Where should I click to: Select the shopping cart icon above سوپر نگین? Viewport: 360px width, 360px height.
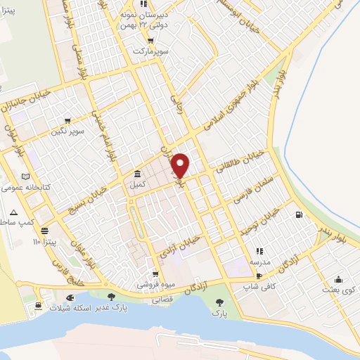point(67,120)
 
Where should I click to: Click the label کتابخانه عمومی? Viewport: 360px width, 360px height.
point(24,188)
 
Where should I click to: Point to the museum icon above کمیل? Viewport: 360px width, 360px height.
point(136,174)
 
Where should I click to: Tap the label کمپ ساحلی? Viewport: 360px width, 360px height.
point(15,222)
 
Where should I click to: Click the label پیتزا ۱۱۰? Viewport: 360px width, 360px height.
point(47,241)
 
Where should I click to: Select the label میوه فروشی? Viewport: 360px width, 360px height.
point(156,286)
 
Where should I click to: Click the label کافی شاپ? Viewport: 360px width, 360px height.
point(259,286)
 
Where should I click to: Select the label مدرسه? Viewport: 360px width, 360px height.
point(259,261)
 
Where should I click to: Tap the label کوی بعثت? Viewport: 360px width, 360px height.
point(337,289)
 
